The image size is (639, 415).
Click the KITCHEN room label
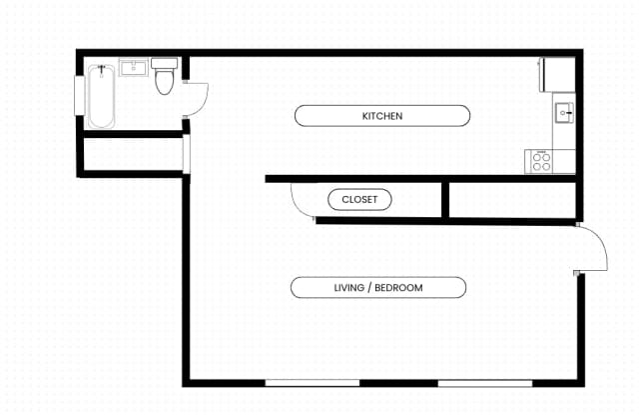tap(382, 116)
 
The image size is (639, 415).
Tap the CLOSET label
tap(359, 200)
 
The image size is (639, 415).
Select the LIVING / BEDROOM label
tap(377, 288)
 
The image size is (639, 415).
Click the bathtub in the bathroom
tap(100, 98)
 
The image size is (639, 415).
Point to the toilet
tap(165, 78)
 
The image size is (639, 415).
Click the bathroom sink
tap(134, 68)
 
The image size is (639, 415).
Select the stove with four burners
tap(541, 161)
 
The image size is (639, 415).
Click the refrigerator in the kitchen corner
tap(557, 74)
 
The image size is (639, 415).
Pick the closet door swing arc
tap(301, 200)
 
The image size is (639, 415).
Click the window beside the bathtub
tap(79, 96)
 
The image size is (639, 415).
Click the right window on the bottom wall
tap(471, 382)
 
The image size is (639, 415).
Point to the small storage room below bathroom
tap(132, 155)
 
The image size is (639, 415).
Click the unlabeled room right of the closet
tap(509, 200)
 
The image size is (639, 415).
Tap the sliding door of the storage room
tap(186, 154)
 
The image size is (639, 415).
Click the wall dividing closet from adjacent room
tap(444, 200)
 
